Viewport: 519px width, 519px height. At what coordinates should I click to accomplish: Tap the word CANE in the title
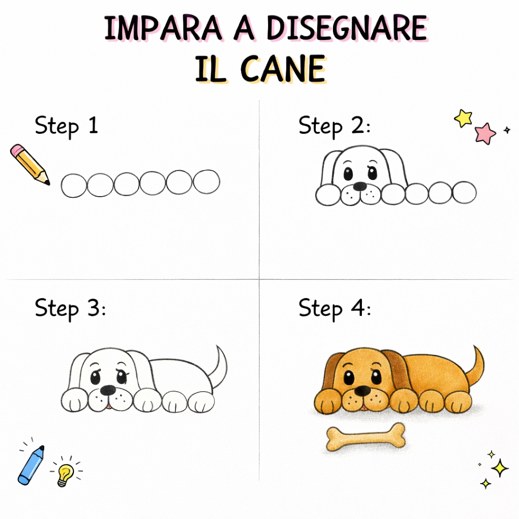[282, 69]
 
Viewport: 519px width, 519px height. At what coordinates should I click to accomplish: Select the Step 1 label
[66, 126]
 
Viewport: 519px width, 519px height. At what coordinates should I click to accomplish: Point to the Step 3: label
[70, 308]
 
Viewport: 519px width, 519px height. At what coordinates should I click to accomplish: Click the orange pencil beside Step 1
[29, 164]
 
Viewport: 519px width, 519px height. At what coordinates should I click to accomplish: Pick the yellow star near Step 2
[463, 118]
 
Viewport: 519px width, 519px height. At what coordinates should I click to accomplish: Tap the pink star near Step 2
[485, 133]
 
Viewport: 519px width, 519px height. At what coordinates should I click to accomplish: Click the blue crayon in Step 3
[31, 464]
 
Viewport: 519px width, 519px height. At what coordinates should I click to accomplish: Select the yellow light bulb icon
[64, 474]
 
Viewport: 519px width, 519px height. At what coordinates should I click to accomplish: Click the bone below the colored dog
[365, 437]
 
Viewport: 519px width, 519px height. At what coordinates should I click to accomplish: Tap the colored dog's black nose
[362, 391]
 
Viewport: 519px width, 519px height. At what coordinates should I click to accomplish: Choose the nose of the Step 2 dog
[359, 186]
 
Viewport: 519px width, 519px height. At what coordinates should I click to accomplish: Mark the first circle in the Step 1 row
[74, 186]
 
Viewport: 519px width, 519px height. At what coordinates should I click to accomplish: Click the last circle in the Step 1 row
[207, 182]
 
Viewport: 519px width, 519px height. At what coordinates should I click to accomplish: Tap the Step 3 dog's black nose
[107, 390]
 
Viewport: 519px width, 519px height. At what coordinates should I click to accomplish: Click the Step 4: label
[335, 308]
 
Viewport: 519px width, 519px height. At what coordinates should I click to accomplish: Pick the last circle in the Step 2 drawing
[464, 193]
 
